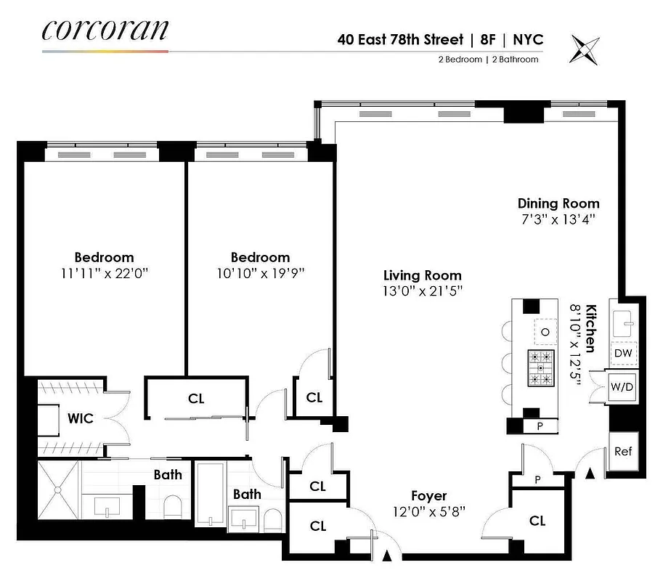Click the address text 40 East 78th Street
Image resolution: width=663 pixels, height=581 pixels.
click(x=400, y=39)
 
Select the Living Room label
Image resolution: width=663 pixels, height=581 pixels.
click(x=423, y=275)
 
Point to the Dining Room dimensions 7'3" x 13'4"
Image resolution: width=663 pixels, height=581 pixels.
click(x=558, y=219)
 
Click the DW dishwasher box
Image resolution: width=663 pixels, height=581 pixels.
click(x=623, y=354)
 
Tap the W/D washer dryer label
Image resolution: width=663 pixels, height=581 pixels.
click(x=623, y=387)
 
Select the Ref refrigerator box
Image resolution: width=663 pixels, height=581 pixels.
click(x=622, y=451)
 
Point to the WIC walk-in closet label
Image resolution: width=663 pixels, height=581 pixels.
click(x=79, y=418)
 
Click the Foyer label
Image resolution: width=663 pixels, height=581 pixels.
click(x=428, y=496)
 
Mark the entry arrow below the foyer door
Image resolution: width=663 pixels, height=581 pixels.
click(x=387, y=557)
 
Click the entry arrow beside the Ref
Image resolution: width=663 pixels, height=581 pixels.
click(x=590, y=473)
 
